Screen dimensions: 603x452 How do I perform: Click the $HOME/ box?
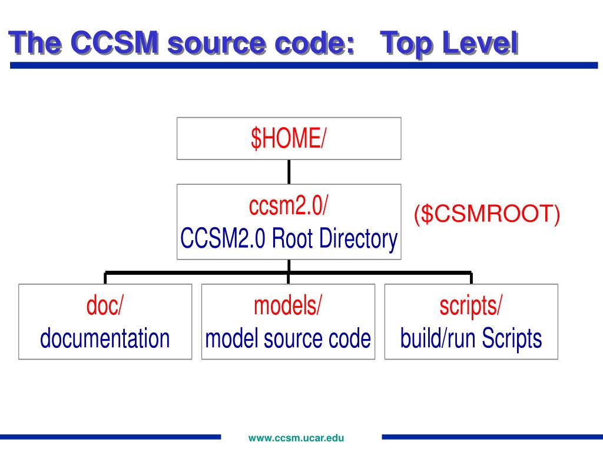tap(289, 138)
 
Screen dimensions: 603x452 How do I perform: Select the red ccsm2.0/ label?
tap(289, 207)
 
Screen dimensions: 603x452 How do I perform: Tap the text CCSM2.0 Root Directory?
tap(289, 239)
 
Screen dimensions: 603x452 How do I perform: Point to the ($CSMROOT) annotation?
tap(486, 214)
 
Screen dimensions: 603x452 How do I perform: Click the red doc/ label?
tap(105, 306)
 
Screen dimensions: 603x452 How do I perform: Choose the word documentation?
tap(105, 338)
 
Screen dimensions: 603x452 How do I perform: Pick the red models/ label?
tap(288, 306)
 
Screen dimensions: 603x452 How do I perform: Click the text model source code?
tap(288, 338)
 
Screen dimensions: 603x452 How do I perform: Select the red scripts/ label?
tap(471, 306)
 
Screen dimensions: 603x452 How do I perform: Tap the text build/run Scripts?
tap(471, 338)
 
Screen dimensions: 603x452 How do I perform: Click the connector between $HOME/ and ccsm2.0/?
tap(289, 171)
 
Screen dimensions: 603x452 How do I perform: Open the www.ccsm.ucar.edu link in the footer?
tap(296, 438)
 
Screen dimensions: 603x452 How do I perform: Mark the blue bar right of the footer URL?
tap(492, 437)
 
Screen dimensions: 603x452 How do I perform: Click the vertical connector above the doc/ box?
tap(105, 278)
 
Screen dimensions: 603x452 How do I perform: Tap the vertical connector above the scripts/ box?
tap(471, 278)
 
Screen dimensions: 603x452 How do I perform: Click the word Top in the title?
tap(407, 44)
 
